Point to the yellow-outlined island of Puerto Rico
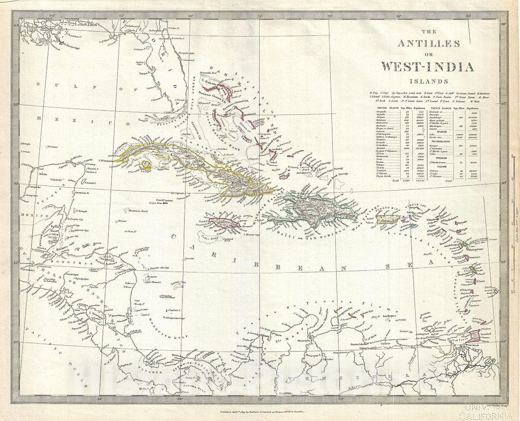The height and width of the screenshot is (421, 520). pyautogui.click(x=387, y=220)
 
